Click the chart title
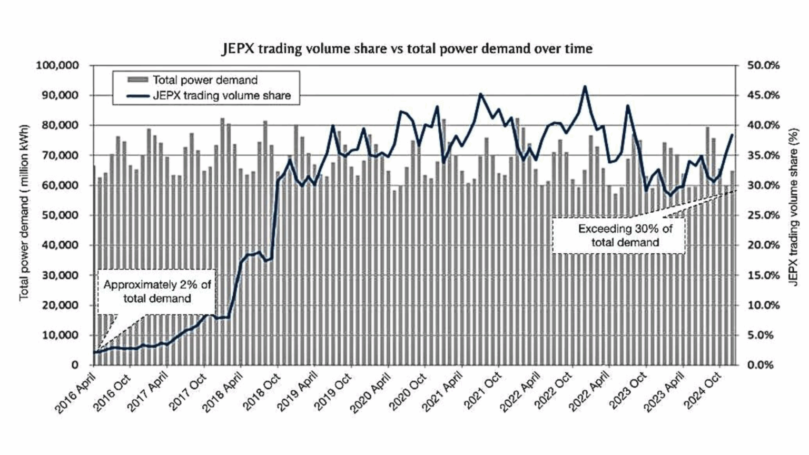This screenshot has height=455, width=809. (407, 49)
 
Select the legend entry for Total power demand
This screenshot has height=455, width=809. (204, 80)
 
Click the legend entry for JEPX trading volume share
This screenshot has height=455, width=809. (221, 96)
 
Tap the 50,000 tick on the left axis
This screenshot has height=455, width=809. (60, 215)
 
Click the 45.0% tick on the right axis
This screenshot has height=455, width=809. (763, 95)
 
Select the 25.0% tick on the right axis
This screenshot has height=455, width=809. (763, 215)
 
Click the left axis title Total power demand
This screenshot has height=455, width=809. (24, 213)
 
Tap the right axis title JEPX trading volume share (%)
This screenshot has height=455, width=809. (794, 207)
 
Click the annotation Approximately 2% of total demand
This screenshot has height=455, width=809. (157, 292)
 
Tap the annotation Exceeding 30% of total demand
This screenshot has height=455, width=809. (625, 236)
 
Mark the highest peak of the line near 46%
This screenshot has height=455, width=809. (585, 87)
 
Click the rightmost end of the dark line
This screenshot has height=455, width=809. (732, 135)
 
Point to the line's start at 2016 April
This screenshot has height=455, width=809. (94, 352)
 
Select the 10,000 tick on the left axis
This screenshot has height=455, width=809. (60, 335)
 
